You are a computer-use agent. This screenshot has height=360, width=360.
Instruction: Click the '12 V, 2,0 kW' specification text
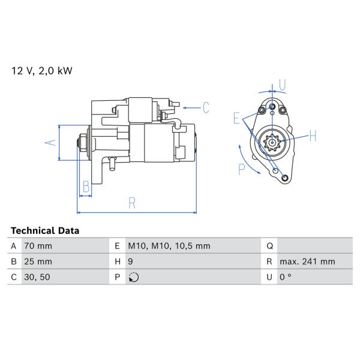pyautogui.click(x=42, y=71)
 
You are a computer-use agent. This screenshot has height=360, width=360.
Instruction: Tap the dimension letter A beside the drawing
pyautogui.click(x=50, y=143)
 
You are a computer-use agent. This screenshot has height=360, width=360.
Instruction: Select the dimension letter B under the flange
pyautogui.click(x=86, y=187)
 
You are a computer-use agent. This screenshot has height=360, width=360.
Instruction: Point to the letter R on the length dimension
pyautogui.click(x=132, y=203)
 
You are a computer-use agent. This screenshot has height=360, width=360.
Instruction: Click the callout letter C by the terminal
pyautogui.click(x=206, y=107)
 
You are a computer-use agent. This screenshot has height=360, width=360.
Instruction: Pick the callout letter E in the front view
pyautogui.click(x=236, y=118)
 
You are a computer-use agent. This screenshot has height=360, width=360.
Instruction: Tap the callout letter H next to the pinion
pyautogui.click(x=313, y=136)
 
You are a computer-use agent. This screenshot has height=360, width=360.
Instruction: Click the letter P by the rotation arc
pyautogui.click(x=242, y=169)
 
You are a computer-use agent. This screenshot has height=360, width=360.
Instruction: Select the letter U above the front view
pyautogui.click(x=282, y=85)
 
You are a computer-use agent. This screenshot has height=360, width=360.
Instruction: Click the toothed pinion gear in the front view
pyautogui.click(x=272, y=143)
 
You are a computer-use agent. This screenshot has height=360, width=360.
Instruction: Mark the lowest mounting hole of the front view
pyautogui.click(x=284, y=178)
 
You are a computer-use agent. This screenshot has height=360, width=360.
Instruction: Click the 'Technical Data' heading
pyautogui.click(x=45, y=230)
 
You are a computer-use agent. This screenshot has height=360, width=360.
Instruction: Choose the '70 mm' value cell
pyautogui.click(x=38, y=246)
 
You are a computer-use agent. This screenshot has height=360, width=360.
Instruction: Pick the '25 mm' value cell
pyautogui.click(x=38, y=262)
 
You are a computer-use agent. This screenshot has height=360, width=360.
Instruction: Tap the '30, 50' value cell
pyautogui.click(x=37, y=277)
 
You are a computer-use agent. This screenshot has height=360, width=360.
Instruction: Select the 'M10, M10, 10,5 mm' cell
pyautogui.click(x=169, y=246)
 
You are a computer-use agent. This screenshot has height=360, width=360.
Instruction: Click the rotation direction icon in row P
pyautogui.click(x=134, y=277)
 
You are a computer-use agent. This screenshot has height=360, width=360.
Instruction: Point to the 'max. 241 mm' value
pyautogui.click(x=307, y=262)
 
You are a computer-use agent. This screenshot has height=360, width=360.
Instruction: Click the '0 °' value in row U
pyautogui.click(x=286, y=277)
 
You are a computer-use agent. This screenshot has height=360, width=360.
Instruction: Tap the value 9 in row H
pyautogui.click(x=130, y=262)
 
